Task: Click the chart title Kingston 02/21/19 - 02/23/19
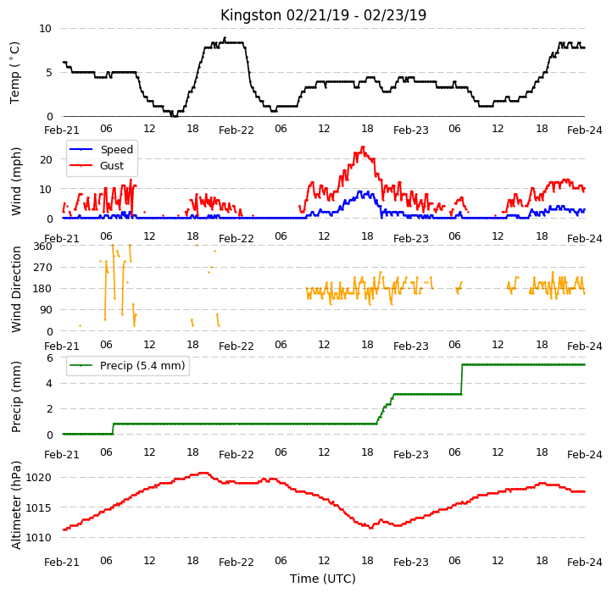point(323,15)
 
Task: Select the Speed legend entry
point(102,149)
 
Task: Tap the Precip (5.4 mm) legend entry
point(127,366)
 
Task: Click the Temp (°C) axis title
point(14,73)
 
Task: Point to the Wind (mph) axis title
point(16,181)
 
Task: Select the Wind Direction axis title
point(16,289)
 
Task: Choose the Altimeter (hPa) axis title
point(16,505)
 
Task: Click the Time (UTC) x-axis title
point(323,578)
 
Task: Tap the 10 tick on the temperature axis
point(45,29)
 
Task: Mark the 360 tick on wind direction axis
point(43,247)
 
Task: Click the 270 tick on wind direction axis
point(43,268)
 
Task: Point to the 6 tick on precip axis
point(49,357)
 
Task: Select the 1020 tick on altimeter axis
point(39,478)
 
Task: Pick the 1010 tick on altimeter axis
point(39,538)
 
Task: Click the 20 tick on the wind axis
point(46,159)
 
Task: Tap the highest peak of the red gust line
point(364,147)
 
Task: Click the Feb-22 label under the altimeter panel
point(236,563)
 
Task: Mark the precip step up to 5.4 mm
point(462,380)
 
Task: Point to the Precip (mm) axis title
point(16,396)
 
